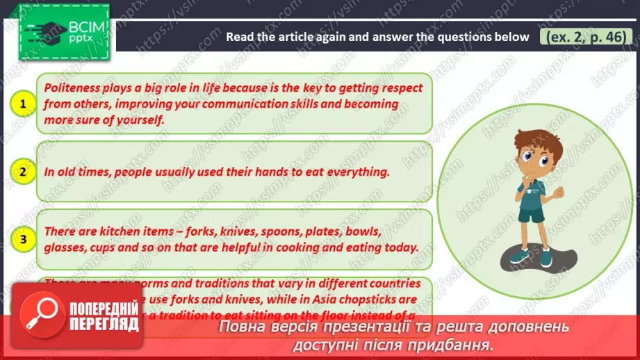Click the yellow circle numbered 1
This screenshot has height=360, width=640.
[24, 104]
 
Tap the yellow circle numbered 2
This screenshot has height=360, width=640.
[24, 172]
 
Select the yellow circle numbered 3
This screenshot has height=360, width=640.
[24, 240]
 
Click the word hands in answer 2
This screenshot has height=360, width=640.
[227, 172]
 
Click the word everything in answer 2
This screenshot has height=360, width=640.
[352, 172]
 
